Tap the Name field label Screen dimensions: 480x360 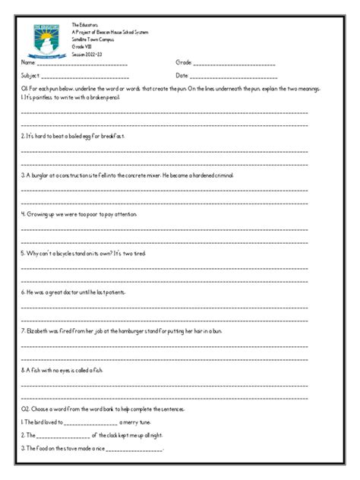coord(29,62)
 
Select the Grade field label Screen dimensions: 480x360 coord(184,62)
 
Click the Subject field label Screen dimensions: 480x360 coord(31,76)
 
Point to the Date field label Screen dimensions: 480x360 coord(182,76)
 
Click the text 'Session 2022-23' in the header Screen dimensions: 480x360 coord(87,56)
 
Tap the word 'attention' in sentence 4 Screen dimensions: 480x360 coord(122,214)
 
